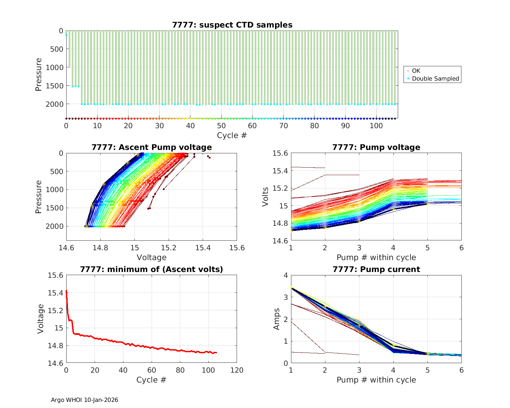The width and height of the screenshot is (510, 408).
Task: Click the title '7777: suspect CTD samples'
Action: pyautogui.click(x=232, y=25)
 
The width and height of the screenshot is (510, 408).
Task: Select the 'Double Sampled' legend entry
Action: pyautogui.click(x=436, y=79)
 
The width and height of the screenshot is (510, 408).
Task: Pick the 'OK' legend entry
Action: pyautogui.click(x=416, y=71)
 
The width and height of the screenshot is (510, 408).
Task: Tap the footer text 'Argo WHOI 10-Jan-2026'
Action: pyautogui.click(x=84, y=400)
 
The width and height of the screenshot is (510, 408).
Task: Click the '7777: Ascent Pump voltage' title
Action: pyautogui.click(x=152, y=147)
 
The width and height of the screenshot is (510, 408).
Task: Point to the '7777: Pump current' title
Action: pyautogui.click(x=376, y=269)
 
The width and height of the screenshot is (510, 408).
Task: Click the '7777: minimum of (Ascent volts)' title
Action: pyautogui.click(x=152, y=269)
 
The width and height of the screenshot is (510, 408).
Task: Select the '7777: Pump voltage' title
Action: pyautogui.click(x=376, y=147)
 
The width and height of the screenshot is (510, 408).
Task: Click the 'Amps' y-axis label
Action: pyautogui.click(x=277, y=319)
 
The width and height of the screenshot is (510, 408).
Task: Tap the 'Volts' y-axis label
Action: pyautogui.click(x=266, y=197)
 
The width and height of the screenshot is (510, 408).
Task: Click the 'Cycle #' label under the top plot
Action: pyautogui.click(x=232, y=135)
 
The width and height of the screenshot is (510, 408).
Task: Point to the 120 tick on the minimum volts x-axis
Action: pyautogui.click(x=237, y=370)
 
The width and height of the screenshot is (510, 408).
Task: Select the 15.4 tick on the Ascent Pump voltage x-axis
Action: pyautogui.click(x=203, y=248)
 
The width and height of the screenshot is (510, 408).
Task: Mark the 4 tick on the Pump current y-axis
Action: pyautogui.click(x=285, y=275)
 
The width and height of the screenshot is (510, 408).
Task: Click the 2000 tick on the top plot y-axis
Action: pyautogui.click(x=54, y=104)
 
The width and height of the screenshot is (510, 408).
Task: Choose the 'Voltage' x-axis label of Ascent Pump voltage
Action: pyautogui.click(x=152, y=257)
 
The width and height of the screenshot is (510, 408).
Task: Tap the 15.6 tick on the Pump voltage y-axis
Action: pyautogui.click(x=280, y=153)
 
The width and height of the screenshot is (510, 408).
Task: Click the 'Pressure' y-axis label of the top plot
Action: pyautogui.click(x=39, y=74)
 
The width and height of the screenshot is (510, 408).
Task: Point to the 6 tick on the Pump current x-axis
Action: pyautogui.click(x=461, y=370)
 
